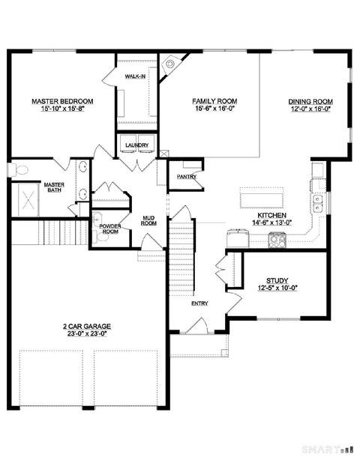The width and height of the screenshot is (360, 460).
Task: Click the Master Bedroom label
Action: pyautogui.click(x=62, y=101)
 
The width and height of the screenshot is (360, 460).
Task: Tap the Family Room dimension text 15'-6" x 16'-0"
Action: pyautogui.click(x=214, y=109)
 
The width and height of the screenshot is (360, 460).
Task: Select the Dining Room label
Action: pyautogui.click(x=310, y=101)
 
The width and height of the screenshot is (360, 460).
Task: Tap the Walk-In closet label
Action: pyautogui.click(x=135, y=77)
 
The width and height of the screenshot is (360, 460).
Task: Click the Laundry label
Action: pyautogui.click(x=136, y=145)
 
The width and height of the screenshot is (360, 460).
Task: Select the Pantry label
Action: pyautogui.click(x=186, y=177)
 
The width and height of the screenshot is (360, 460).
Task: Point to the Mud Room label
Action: pyautogui.click(x=148, y=220)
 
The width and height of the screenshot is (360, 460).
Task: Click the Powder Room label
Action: pyautogui.click(x=110, y=228)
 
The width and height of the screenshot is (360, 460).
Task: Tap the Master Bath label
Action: pyautogui.click(x=53, y=187)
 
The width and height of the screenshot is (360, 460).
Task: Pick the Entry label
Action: pyautogui.click(x=199, y=303)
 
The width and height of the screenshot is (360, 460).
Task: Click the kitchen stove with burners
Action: pyautogui.click(x=276, y=240)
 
